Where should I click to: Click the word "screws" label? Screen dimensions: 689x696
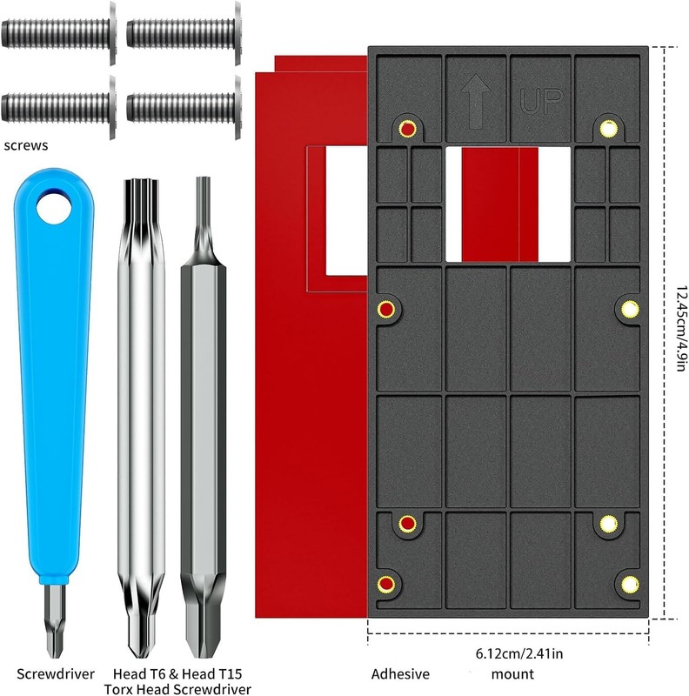tap(26, 145)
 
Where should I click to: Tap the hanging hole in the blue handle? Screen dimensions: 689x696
tap(54, 207)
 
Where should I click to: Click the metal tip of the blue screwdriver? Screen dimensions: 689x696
tap(55, 620)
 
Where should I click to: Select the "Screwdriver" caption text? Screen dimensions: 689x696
tap(56, 673)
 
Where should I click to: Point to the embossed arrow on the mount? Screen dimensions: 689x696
tap(476, 101)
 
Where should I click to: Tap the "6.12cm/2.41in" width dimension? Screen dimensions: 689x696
tap(519, 654)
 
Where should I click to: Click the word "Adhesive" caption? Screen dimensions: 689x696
tap(400, 673)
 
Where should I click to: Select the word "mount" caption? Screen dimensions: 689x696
tap(512, 674)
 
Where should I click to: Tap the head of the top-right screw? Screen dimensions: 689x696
tap(238, 32)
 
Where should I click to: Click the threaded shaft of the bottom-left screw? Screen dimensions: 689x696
tap(55, 107)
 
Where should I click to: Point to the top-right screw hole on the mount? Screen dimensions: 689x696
tap(609, 129)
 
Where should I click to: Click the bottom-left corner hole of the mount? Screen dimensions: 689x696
tap(386, 584)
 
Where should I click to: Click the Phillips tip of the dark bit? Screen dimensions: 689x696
tap(203, 630)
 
